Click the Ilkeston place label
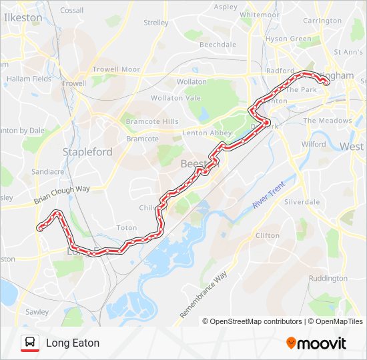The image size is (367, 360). point(23,18)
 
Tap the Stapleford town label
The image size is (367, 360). point(87,152)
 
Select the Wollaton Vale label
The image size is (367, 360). point(175,98)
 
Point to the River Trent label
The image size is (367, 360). point(268,194)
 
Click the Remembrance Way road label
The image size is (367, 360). point(204,294)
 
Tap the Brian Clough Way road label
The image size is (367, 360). point(62,195)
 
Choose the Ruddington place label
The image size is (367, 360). point(328,278)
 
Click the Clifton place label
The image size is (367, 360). point(268,235)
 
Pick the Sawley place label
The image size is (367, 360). point(37,311)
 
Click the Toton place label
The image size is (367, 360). point(127,227)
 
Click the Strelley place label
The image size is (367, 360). point(156,23)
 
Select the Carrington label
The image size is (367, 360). point(322,21)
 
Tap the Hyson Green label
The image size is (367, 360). point(288,39)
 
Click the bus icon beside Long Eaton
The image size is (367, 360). point(29,343)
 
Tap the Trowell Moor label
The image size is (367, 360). point(116,69)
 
